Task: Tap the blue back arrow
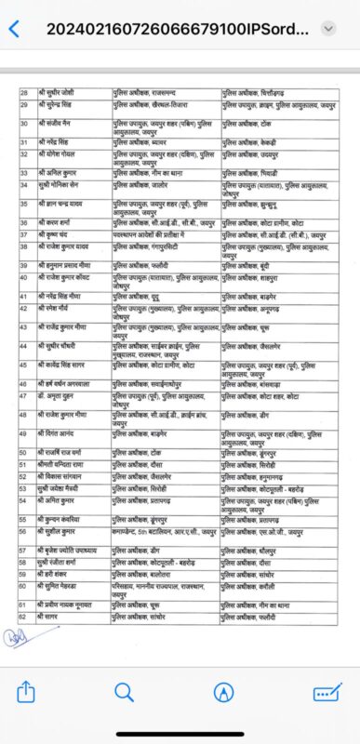point(13,29)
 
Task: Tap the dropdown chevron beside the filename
point(327,29)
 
